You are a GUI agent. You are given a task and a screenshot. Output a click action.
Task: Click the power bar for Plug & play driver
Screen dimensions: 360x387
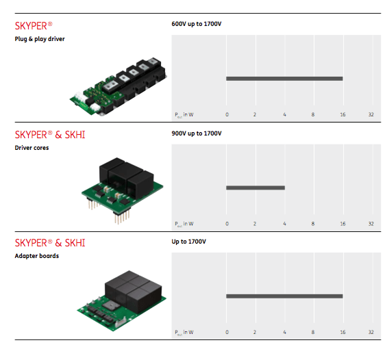(x=284, y=79)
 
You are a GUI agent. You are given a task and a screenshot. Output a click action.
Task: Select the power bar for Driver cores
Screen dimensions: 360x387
(x=255, y=188)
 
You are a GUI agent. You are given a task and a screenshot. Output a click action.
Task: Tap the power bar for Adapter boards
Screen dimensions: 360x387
(x=284, y=296)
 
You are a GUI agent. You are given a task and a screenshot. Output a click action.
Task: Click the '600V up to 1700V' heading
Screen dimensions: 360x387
(x=197, y=24)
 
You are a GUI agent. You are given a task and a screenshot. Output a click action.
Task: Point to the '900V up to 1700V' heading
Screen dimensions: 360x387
(x=197, y=133)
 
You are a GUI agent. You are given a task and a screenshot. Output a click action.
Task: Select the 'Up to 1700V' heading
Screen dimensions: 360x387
(x=188, y=242)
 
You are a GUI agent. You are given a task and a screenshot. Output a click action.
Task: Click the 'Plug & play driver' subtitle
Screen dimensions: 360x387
(x=40, y=39)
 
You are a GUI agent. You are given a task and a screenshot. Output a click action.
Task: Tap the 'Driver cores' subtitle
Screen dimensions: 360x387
(x=32, y=148)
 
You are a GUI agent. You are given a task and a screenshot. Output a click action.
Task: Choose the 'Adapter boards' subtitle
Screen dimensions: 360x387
(x=36, y=257)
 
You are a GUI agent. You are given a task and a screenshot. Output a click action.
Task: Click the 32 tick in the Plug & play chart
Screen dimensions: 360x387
(x=371, y=114)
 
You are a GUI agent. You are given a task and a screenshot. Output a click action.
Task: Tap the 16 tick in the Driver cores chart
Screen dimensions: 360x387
(x=342, y=223)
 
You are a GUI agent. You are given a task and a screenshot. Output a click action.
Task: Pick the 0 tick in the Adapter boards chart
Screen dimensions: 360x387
(x=227, y=332)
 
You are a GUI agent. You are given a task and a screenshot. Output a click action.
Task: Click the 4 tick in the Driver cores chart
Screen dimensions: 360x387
(x=284, y=223)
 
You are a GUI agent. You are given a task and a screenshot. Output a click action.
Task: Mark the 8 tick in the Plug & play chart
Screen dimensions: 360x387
(x=313, y=114)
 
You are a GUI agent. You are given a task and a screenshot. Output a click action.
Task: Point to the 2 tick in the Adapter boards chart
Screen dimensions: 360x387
(x=255, y=332)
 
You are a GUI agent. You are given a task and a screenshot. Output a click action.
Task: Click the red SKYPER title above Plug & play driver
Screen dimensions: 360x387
(x=32, y=26)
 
